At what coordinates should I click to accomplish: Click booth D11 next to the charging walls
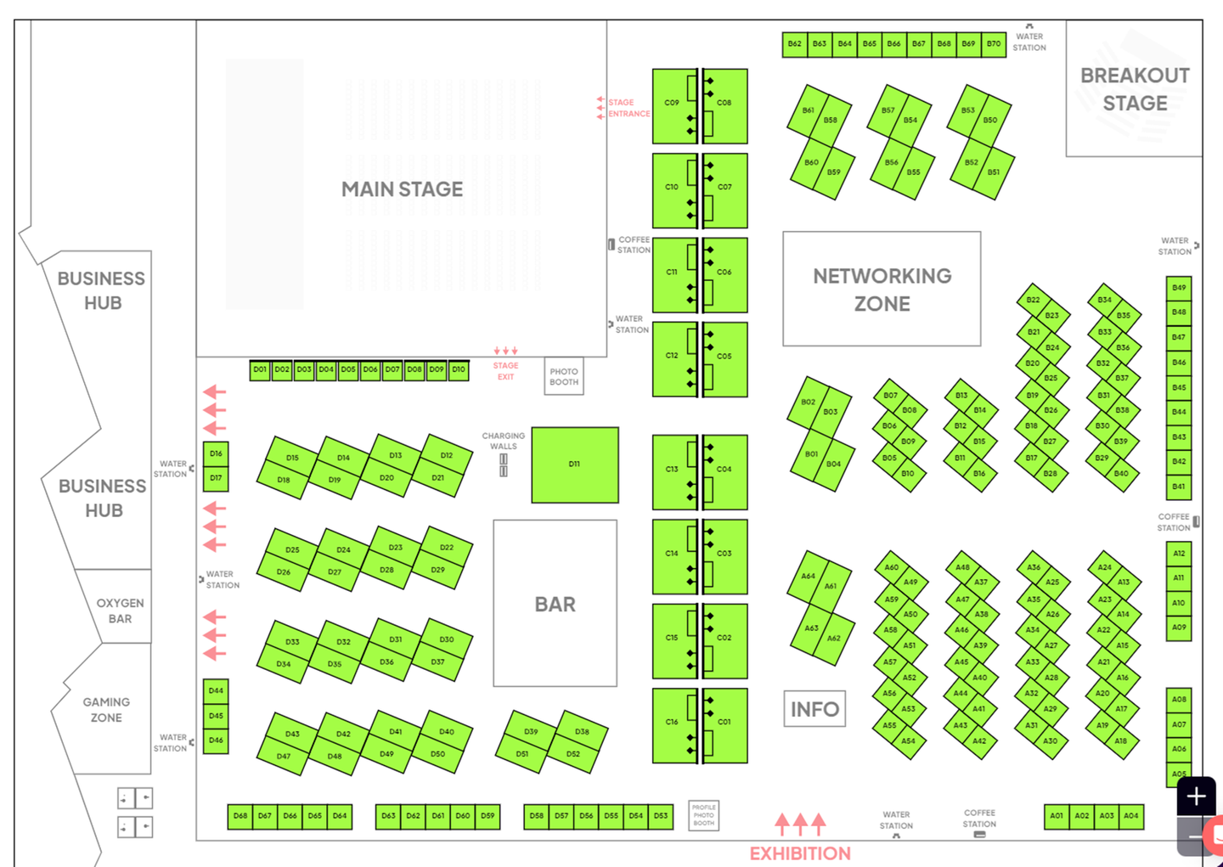click(575, 464)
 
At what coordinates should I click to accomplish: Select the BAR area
click(555, 604)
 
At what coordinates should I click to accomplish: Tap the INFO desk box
click(814, 709)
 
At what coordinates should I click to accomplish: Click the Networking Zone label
click(882, 290)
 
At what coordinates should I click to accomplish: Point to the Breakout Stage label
click(1135, 89)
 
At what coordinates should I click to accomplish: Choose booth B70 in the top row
click(994, 44)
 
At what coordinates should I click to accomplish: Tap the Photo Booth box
click(564, 376)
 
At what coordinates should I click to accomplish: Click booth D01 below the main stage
click(260, 370)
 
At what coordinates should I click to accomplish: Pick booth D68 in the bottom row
click(240, 816)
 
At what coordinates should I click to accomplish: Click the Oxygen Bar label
click(120, 611)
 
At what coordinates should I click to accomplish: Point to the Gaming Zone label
click(106, 710)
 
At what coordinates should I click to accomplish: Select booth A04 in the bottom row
click(1131, 816)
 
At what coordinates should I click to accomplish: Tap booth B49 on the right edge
click(1179, 288)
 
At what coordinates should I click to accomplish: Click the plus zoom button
click(1196, 797)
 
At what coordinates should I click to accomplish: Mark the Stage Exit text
click(505, 371)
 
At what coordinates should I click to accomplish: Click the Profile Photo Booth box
click(703, 815)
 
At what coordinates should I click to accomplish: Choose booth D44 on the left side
click(216, 691)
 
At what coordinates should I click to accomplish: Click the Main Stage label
click(402, 189)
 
